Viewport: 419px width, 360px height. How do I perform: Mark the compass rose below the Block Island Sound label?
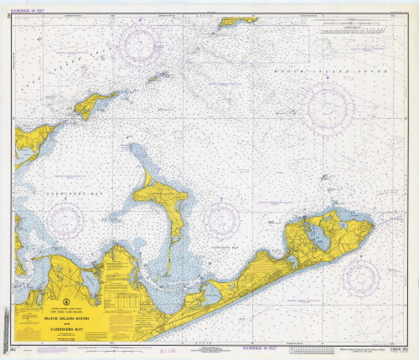329,107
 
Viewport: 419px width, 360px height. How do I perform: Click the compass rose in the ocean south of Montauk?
361,276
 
